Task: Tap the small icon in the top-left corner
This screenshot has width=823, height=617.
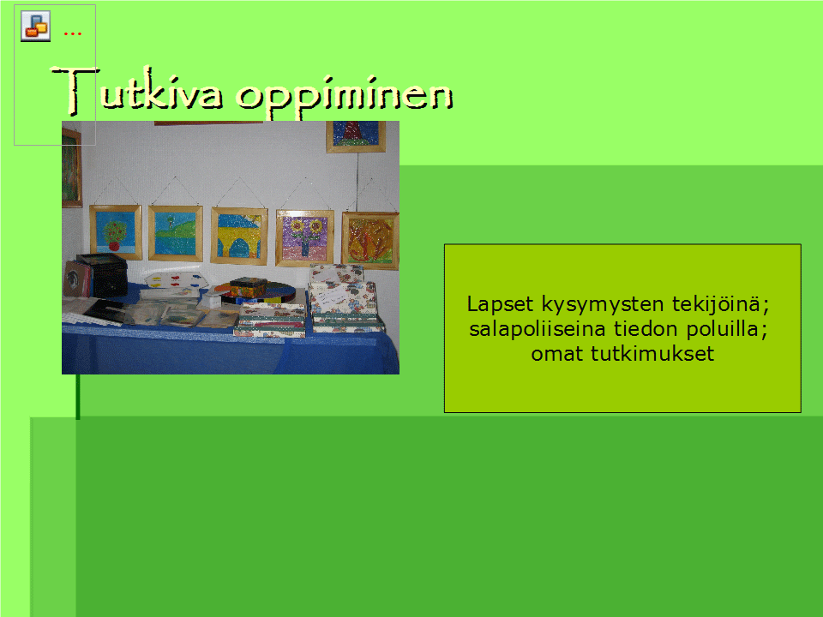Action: pyautogui.click(x=36, y=26)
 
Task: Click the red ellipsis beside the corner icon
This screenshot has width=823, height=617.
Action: pyautogui.click(x=72, y=34)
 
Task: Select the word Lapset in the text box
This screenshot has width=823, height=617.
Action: pyautogui.click(x=500, y=304)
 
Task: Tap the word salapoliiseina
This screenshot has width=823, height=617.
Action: pyautogui.click(x=538, y=329)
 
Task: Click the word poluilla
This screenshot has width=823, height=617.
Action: pyautogui.click(x=727, y=329)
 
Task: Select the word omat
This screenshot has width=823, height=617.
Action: pyautogui.click(x=557, y=354)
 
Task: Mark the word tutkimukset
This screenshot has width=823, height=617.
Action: pyautogui.click(x=652, y=354)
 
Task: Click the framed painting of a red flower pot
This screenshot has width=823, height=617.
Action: pyautogui.click(x=116, y=232)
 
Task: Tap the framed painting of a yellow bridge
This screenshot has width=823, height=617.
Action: pyautogui.click(x=239, y=236)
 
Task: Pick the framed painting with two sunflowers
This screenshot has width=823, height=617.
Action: pyautogui.click(x=304, y=237)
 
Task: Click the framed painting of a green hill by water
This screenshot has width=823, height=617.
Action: pyautogui.click(x=175, y=233)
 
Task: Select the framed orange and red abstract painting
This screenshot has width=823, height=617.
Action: pyautogui.click(x=370, y=240)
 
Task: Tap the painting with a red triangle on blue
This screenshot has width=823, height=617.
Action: pyautogui.click(x=356, y=136)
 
